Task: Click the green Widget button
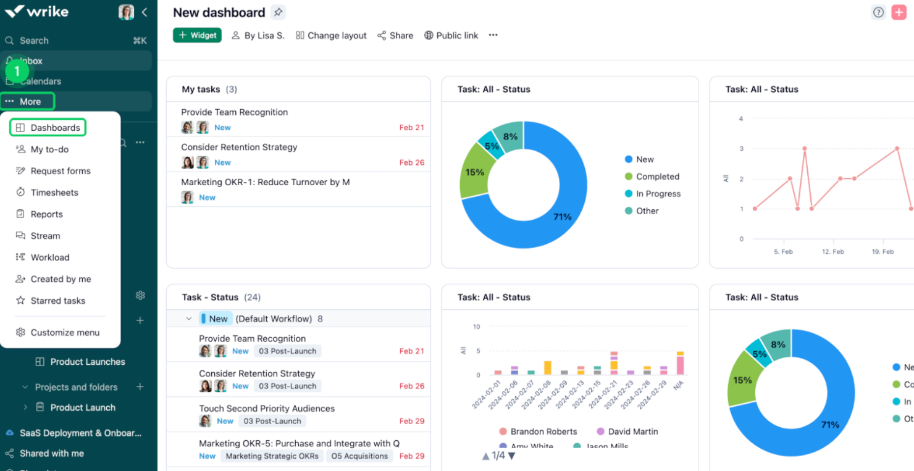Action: tap(197, 35)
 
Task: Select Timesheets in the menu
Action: tap(54, 193)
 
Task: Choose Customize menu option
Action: tap(65, 333)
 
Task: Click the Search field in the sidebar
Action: tap(34, 41)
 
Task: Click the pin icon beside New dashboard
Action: tap(278, 12)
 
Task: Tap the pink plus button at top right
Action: tap(899, 12)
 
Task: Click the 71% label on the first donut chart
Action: tap(562, 217)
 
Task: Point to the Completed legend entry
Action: tap(657, 177)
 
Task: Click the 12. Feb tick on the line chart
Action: tap(833, 252)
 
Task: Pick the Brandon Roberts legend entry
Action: tap(543, 431)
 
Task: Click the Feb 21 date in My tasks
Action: tap(411, 128)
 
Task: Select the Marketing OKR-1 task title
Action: tap(266, 182)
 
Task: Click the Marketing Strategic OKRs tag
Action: tap(272, 456)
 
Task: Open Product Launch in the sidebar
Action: tap(83, 407)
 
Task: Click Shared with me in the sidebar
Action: tap(51, 453)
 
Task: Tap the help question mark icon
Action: tap(878, 12)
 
